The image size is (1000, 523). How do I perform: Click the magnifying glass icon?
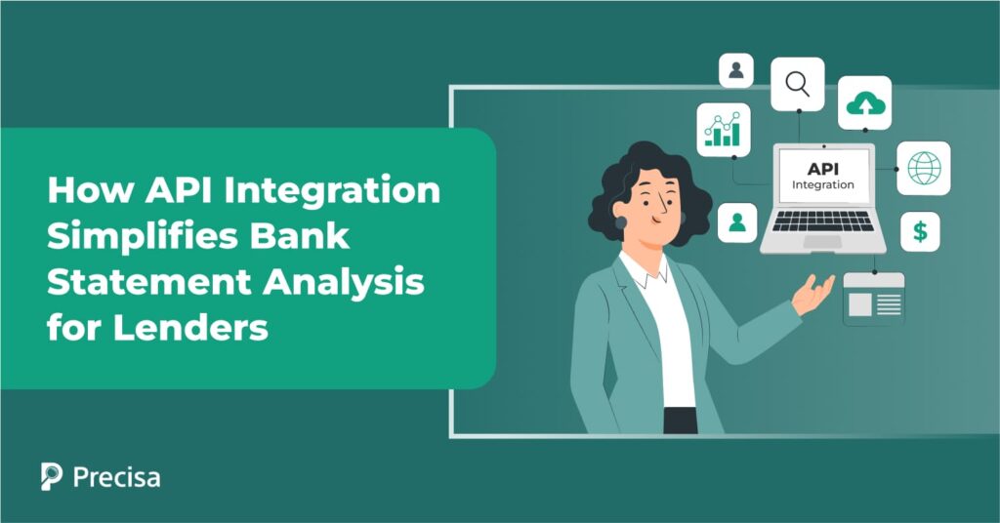(797, 84)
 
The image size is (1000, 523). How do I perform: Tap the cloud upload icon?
(864, 102)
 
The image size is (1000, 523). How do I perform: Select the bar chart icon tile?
(724, 129)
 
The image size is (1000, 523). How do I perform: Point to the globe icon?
(923, 168)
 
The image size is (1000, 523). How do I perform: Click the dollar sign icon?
(920, 232)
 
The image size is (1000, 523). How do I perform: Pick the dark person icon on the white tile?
(736, 70)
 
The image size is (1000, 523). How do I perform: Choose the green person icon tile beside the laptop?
(737, 222)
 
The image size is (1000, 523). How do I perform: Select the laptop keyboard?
(822, 220)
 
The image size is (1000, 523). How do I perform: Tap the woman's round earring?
(620, 222)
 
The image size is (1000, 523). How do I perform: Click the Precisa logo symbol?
(52, 476)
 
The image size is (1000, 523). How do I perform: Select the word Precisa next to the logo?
(116, 477)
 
